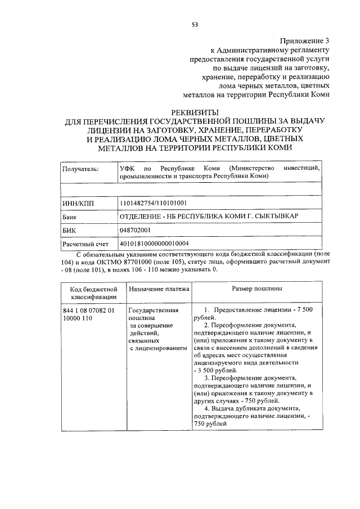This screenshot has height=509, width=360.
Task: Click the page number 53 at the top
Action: pyautogui.click(x=195, y=24)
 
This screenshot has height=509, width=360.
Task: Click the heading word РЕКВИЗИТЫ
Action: pyautogui.click(x=194, y=112)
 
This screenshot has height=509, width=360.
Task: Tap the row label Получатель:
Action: pyautogui.click(x=80, y=168)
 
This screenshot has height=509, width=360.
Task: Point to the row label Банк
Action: pyautogui.click(x=70, y=217)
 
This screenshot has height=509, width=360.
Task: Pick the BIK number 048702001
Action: pyautogui.click(x=136, y=230)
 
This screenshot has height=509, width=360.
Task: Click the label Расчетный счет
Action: pyautogui.click(x=85, y=244)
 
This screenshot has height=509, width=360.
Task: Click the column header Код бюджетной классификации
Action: pyautogui.click(x=93, y=292)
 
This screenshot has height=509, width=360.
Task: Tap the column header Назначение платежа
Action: pyautogui.click(x=159, y=289)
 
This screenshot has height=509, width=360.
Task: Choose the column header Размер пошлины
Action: pyautogui.click(x=257, y=289)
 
